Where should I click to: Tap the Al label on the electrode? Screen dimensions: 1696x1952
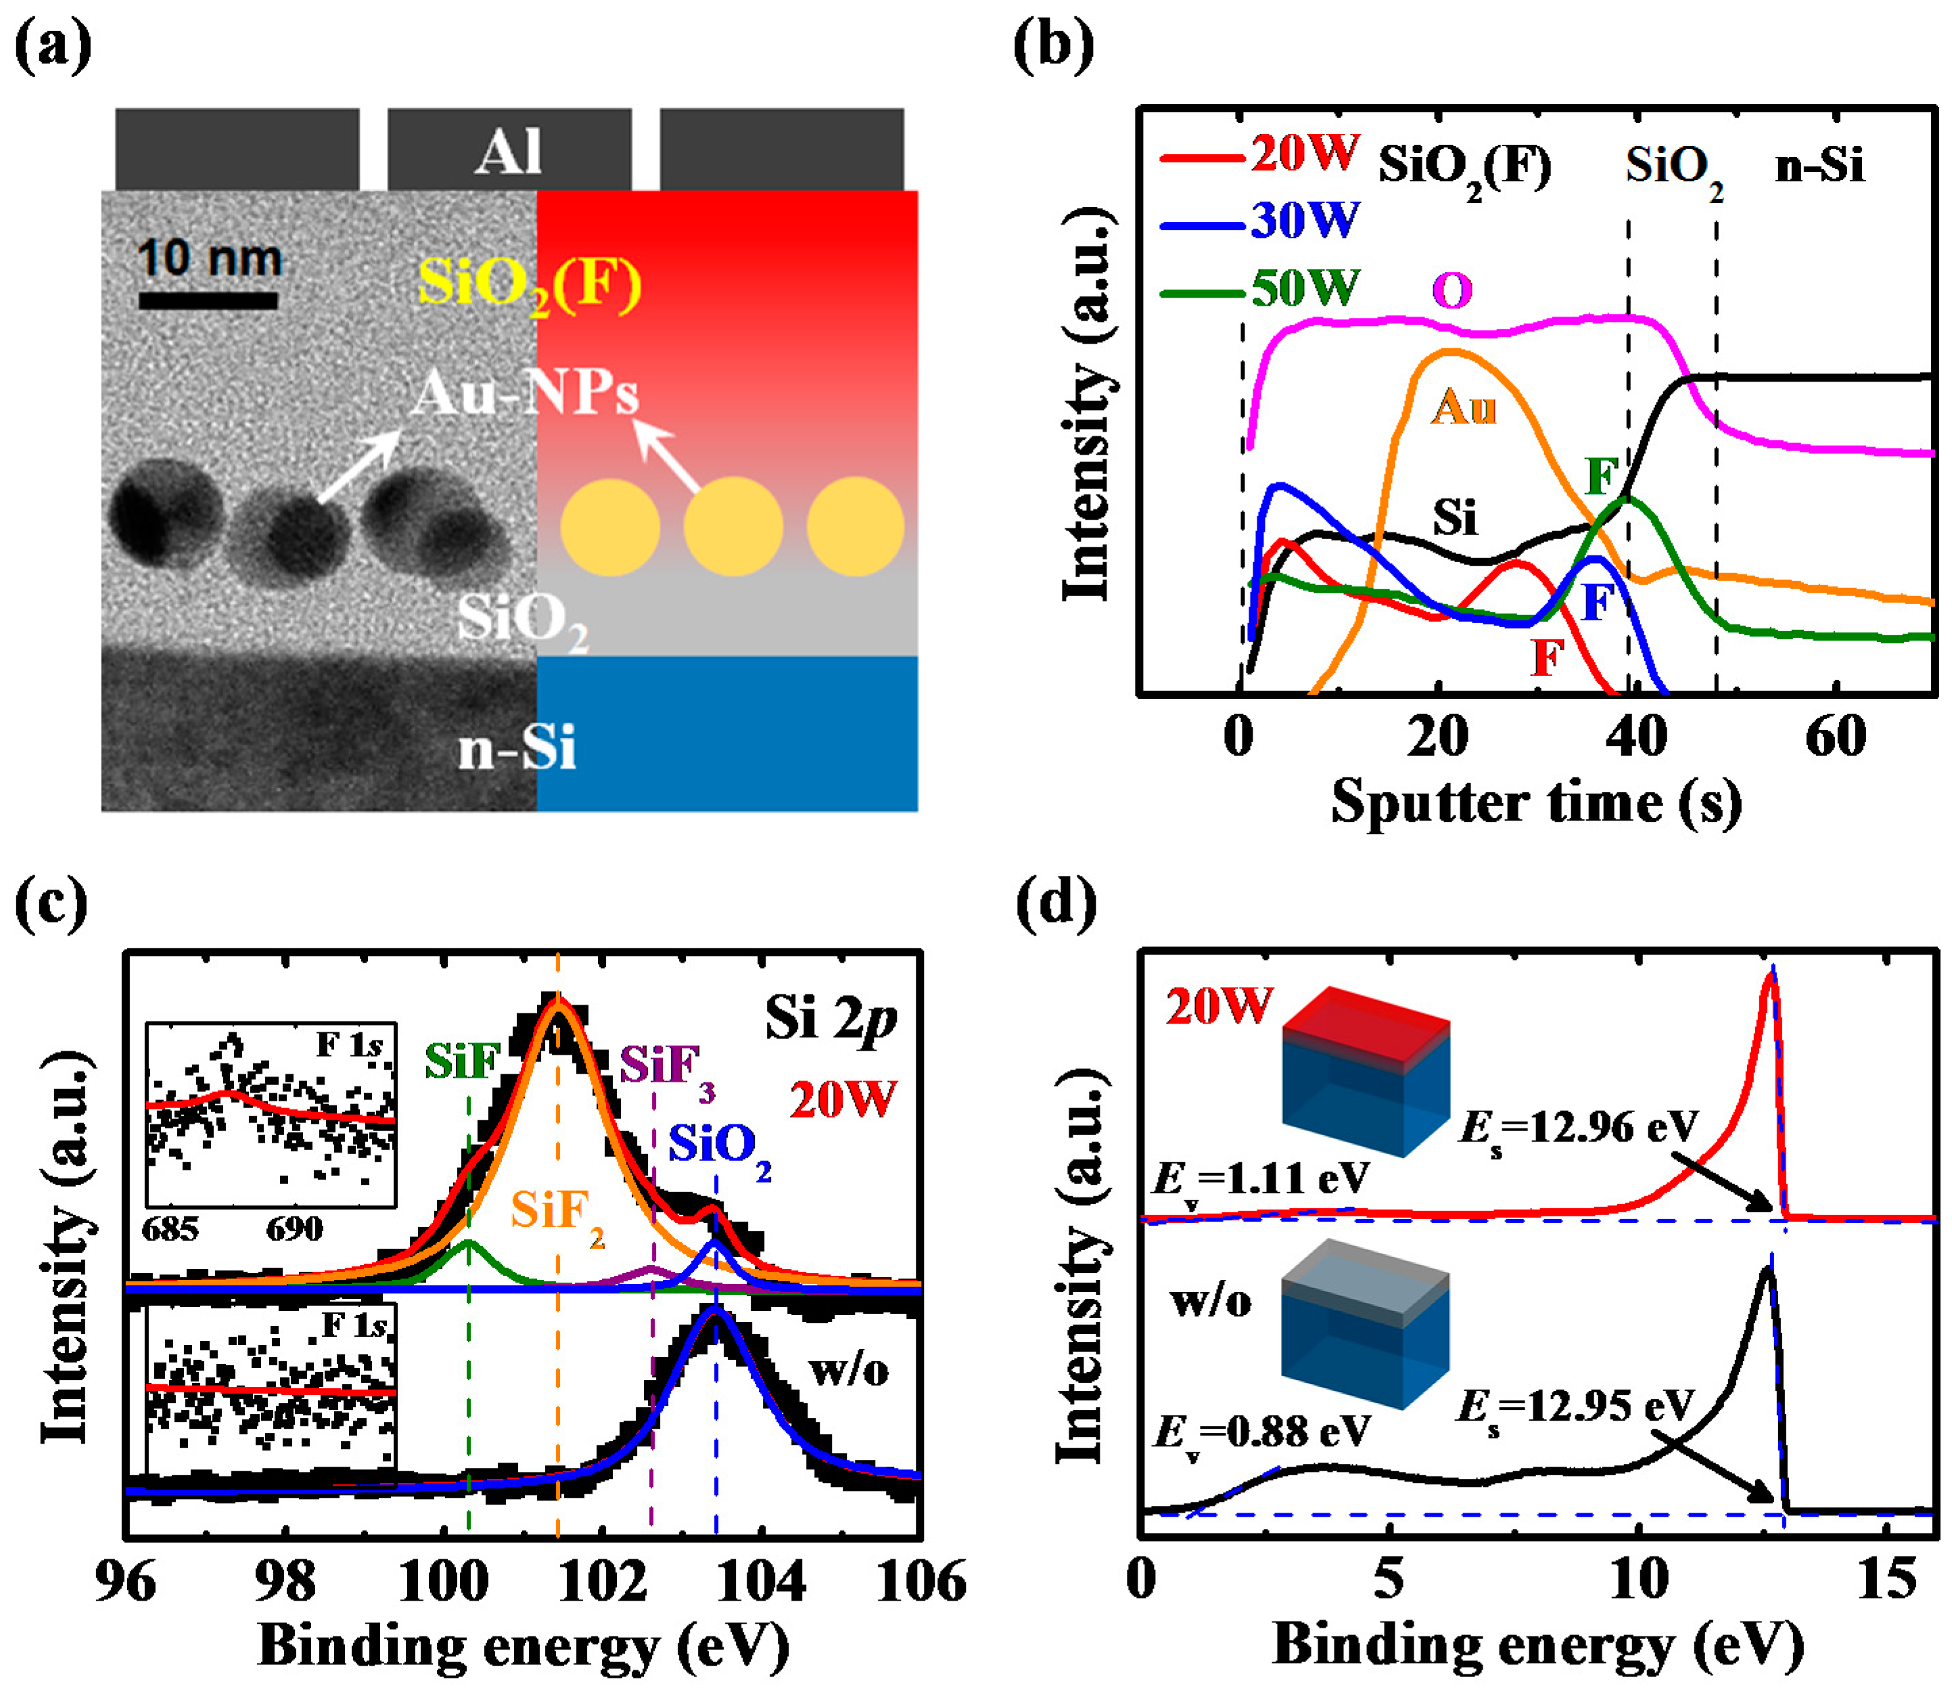(x=509, y=152)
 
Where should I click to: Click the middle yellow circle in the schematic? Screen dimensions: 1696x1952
(x=733, y=526)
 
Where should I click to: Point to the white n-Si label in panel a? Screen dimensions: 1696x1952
(x=517, y=750)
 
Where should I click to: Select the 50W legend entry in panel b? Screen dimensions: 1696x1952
(x=1259, y=288)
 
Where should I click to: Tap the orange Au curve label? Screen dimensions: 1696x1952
(x=1463, y=407)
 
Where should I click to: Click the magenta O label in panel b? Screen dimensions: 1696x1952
(x=1452, y=290)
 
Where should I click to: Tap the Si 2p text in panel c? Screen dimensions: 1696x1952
(x=830, y=1020)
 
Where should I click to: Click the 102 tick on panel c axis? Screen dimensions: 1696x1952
(x=602, y=1582)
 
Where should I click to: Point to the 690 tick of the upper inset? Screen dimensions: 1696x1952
(x=294, y=1229)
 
